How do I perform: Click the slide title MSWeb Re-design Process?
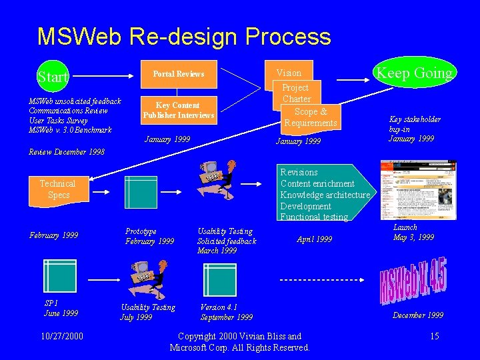[184, 36]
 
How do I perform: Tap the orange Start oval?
[53, 77]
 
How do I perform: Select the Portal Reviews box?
[179, 74]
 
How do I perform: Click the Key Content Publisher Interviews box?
[177, 110]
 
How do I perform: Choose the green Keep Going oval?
[414, 73]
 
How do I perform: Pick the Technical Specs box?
[57, 189]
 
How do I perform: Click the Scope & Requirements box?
[310, 117]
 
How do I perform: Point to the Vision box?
[289, 73]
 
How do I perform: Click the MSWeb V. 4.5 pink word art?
[413, 283]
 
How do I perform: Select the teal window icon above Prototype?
[141, 193]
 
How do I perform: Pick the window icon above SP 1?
[59, 275]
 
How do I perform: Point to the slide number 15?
[434, 336]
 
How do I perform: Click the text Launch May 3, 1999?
[413, 232]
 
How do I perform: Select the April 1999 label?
[314, 239]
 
